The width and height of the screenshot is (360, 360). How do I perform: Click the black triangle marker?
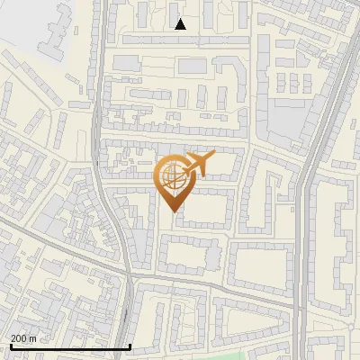click(x=181, y=24)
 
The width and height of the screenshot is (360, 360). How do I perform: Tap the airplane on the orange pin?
click(x=197, y=164)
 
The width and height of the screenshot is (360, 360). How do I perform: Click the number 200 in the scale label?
click(x=19, y=338)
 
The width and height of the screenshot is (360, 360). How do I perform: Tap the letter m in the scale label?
click(x=32, y=338)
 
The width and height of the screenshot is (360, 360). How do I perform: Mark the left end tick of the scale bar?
click(x=11, y=346)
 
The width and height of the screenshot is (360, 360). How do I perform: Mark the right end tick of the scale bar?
click(x=130, y=346)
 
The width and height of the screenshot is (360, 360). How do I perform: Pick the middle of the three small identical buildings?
click(x=293, y=83)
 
